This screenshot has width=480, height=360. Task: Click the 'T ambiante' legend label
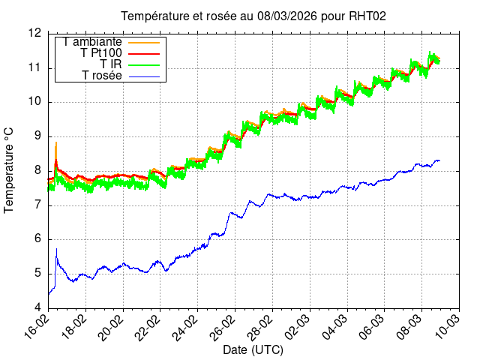(93, 42)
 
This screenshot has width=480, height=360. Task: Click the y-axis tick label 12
(34, 34)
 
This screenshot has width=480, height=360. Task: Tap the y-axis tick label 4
(37, 307)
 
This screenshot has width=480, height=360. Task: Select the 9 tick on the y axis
(37, 136)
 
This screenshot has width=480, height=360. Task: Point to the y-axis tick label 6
(37, 239)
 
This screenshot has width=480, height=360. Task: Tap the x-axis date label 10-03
(449, 328)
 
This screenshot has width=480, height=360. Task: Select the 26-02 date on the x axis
(226, 328)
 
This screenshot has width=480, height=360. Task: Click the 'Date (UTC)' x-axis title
(253, 349)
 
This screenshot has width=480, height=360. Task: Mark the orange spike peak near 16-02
(56, 142)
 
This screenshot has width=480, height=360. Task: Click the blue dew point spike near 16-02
(56, 250)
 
